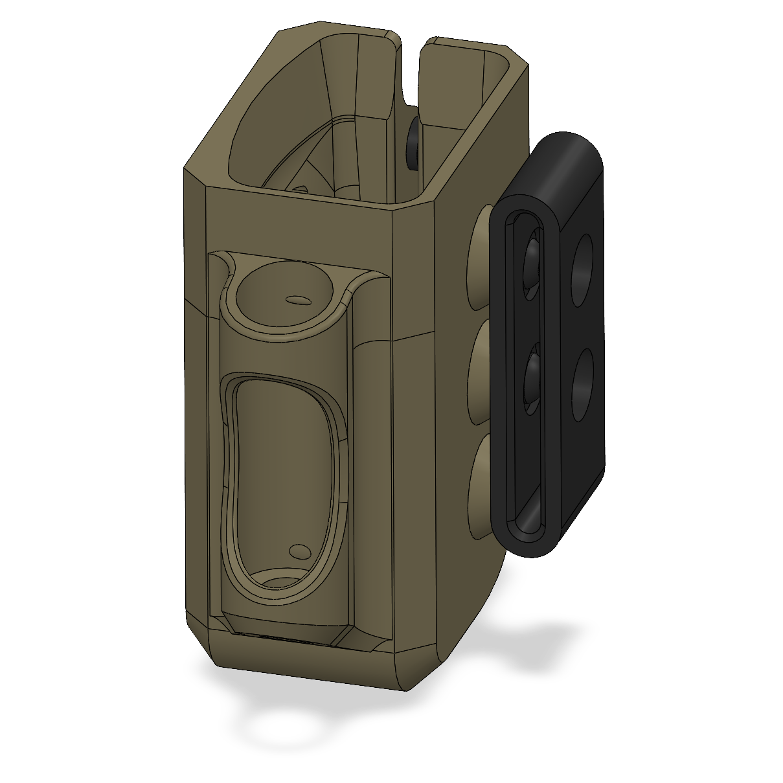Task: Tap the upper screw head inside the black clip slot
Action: [532, 265]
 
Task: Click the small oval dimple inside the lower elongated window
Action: [300, 551]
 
